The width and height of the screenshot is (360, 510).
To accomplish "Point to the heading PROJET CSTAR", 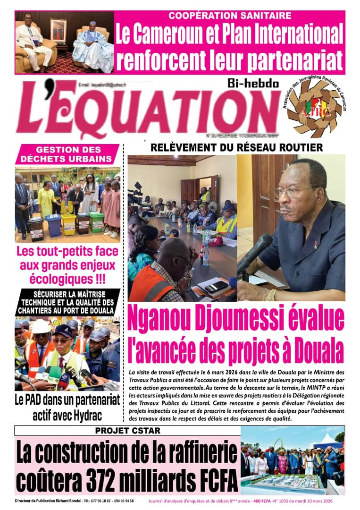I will click(127, 431).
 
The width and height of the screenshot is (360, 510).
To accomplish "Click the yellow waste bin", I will click(69, 224).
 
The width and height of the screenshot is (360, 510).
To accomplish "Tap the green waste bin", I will click(97, 221).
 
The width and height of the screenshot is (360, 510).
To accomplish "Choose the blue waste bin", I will click(53, 225).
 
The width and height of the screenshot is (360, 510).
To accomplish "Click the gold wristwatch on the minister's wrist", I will click(270, 295).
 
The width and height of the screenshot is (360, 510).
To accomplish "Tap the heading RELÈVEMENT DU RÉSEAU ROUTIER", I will click(236, 148).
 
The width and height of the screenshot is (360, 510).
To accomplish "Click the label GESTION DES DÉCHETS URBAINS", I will click(67, 154).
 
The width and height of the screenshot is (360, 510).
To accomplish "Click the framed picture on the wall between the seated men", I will click(59, 31).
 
